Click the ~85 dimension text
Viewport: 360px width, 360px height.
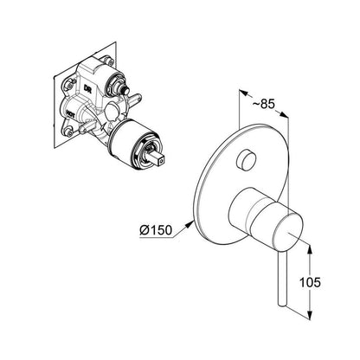click(x=264, y=104)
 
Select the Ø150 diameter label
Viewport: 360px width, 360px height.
click(x=156, y=230)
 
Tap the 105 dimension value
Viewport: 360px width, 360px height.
click(x=310, y=282)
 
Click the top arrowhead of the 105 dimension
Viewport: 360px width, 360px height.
click(x=310, y=249)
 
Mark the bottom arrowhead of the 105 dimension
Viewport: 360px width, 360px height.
click(x=310, y=315)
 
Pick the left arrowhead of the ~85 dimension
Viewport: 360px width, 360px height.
click(x=244, y=93)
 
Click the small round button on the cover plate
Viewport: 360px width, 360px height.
click(x=246, y=160)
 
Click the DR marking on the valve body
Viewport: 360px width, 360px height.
click(x=87, y=88)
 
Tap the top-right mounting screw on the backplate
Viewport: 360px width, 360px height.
click(x=109, y=61)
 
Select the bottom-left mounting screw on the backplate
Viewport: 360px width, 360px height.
click(x=68, y=132)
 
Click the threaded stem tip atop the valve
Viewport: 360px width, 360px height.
click(x=125, y=92)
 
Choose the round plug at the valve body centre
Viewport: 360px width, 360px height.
click(x=112, y=110)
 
